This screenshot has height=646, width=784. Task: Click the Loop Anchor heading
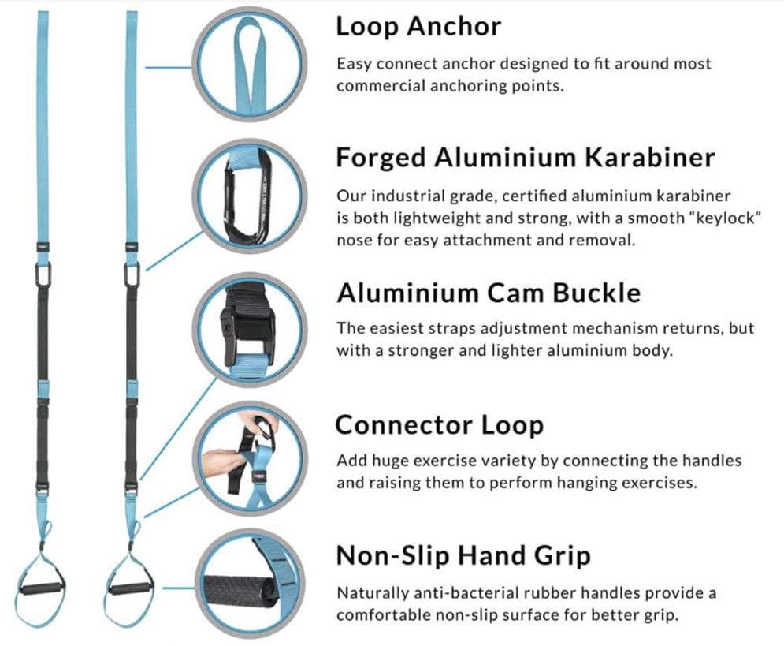(x=418, y=27)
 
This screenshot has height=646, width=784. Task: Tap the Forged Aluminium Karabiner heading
(x=525, y=158)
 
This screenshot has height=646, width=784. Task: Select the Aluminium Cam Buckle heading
(x=488, y=293)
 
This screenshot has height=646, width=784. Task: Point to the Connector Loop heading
(x=440, y=425)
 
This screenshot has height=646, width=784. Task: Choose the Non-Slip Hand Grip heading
(x=463, y=555)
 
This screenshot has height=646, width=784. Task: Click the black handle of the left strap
(x=43, y=588)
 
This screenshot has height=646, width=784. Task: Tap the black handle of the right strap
(x=131, y=588)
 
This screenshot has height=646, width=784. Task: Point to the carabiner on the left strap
(x=43, y=274)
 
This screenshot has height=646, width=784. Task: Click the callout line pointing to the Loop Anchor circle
(x=169, y=67)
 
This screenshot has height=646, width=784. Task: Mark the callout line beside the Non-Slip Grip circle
(x=179, y=588)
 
